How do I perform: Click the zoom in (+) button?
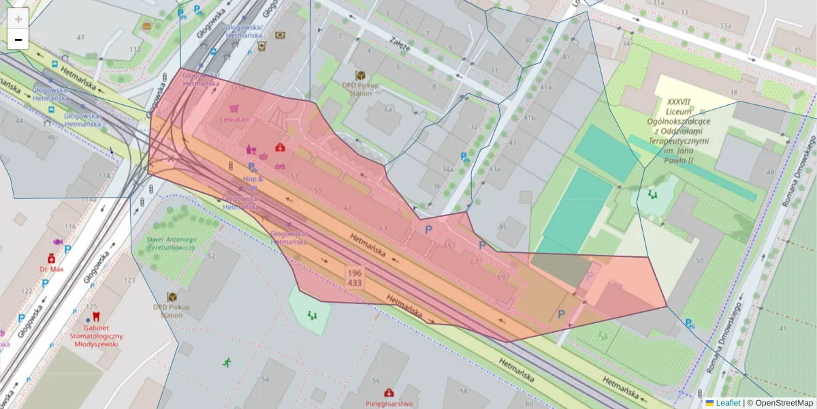[18, 19]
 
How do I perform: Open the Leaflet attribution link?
[727, 403]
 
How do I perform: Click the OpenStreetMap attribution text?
[784, 403]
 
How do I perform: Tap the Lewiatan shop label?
[234, 119]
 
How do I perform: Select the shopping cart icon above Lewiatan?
[234, 108]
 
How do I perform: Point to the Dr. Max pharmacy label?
[51, 269]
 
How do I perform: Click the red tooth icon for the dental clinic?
[95, 316]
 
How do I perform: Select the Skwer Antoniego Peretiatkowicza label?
[172, 244]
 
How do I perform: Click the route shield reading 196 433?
[355, 277]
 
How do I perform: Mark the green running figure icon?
[226, 362]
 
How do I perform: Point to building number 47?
[81, 37]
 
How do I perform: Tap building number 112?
[135, 49]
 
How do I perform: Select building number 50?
[699, 261]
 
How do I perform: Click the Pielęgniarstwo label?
[388, 404]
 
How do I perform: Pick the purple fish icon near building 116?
[57, 242]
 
